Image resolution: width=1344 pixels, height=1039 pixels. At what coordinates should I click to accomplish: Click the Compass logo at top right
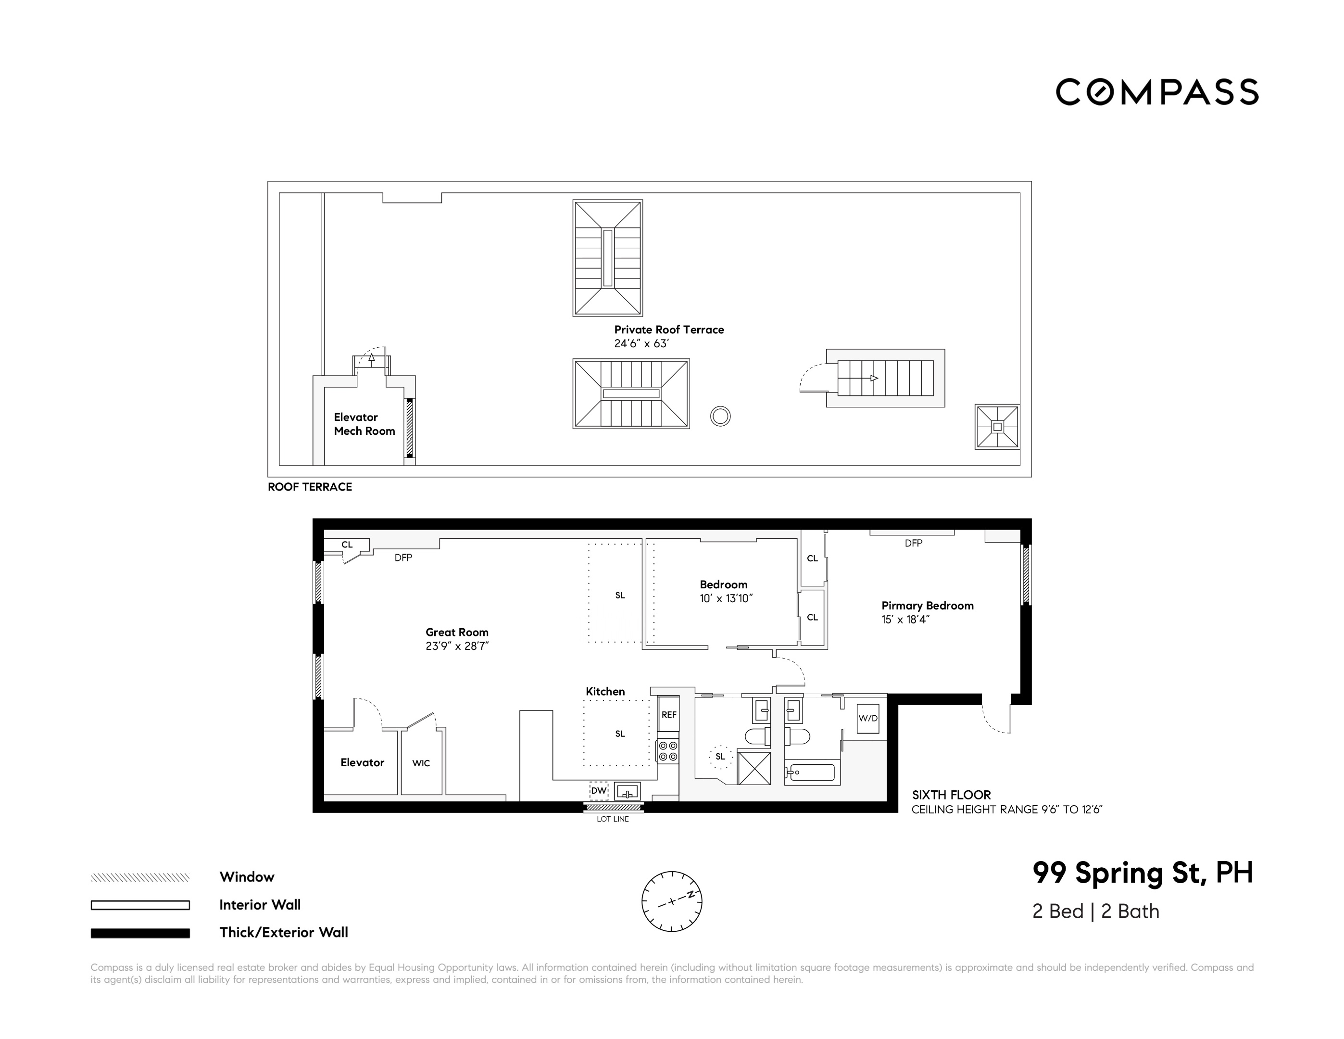(x=1157, y=92)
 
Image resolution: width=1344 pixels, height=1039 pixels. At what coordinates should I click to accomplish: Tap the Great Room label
(x=457, y=632)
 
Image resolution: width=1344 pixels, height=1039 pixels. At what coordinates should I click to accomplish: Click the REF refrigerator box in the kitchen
(x=668, y=715)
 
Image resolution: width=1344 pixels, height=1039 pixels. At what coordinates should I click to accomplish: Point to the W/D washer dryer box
(x=867, y=718)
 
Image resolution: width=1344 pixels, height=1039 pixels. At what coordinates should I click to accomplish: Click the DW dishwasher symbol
(x=599, y=790)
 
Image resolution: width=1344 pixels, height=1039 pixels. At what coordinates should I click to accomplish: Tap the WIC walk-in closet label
(x=421, y=763)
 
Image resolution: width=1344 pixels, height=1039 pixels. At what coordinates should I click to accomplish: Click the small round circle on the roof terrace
(x=720, y=417)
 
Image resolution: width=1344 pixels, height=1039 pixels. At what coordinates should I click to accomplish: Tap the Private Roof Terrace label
(x=669, y=330)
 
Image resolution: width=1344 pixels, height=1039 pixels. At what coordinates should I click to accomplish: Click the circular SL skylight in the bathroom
(x=720, y=757)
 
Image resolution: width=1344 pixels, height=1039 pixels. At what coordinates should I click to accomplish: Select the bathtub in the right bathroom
(x=812, y=772)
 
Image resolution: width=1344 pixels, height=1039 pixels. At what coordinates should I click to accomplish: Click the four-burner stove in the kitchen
(x=668, y=751)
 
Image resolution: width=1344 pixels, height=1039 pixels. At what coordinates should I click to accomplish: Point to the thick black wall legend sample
(x=140, y=933)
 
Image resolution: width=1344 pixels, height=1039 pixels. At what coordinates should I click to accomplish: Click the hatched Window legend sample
(x=140, y=878)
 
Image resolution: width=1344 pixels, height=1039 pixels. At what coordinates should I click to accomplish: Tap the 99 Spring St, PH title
(x=1142, y=873)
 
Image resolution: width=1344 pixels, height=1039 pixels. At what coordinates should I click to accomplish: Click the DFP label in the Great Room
(x=403, y=558)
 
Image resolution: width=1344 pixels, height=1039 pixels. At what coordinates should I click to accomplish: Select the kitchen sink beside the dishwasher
(x=627, y=791)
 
